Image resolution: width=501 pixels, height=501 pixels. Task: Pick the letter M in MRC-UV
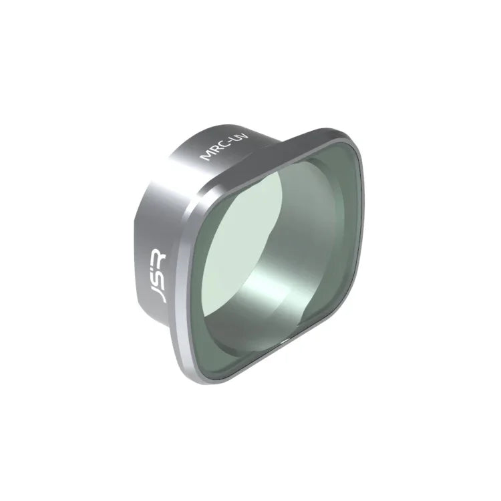click(x=207, y=157)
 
